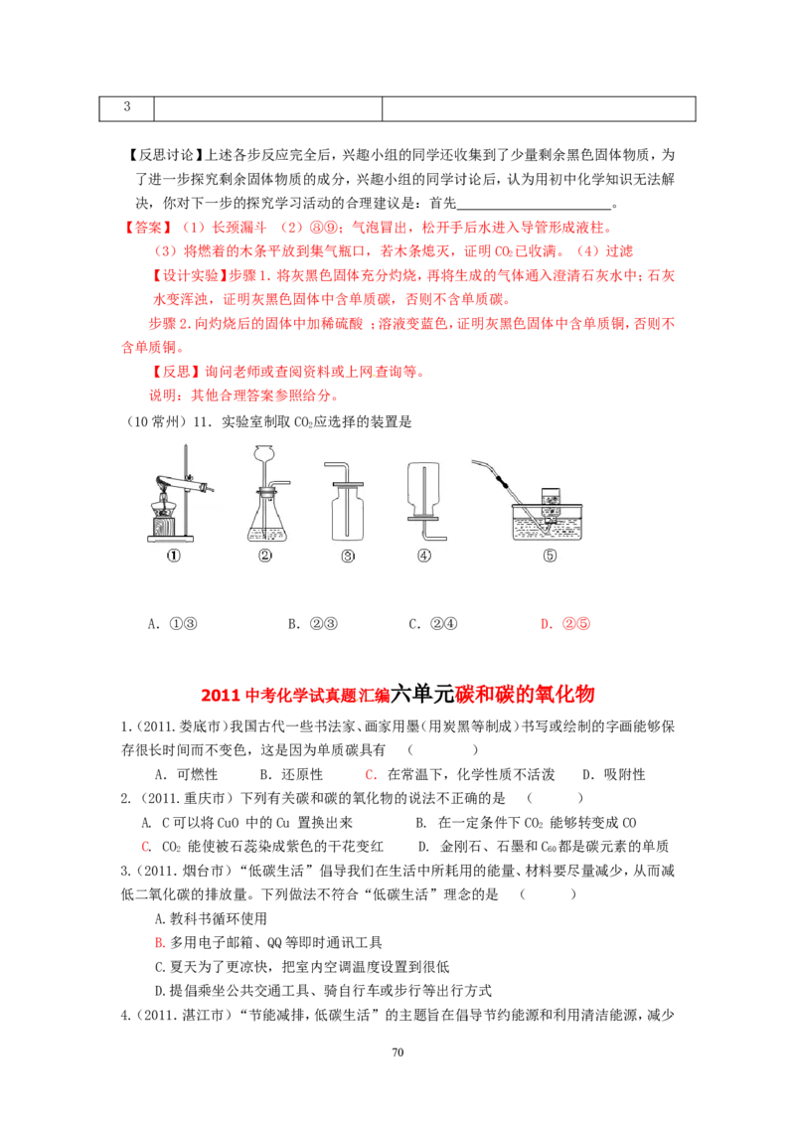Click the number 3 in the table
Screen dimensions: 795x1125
tap(127, 107)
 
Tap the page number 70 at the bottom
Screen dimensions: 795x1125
tap(397, 1051)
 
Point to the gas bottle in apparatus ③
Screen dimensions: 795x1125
tap(347, 513)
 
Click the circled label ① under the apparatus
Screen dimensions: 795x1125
tap(174, 556)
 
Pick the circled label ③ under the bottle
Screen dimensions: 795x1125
tap(348, 557)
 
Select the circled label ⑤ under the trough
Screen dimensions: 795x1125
tap(550, 556)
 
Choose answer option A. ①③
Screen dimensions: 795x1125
tap(172, 624)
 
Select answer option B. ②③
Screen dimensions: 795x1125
tap(313, 624)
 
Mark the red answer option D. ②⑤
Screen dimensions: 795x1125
tap(565, 624)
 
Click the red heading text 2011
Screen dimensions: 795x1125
tap(221, 696)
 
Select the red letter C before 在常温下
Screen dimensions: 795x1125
tap(371, 775)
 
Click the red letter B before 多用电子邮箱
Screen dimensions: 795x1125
tap(160, 943)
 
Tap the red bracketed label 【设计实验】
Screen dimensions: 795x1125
tap(187, 275)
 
